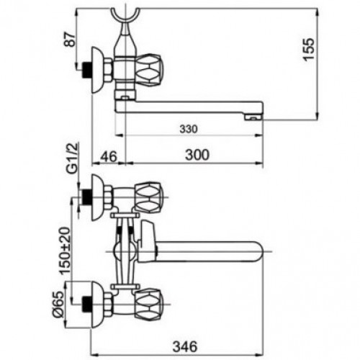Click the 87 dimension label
(x=71, y=39)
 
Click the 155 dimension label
(x=308, y=49)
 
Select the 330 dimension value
(x=189, y=130)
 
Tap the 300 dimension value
(x=197, y=155)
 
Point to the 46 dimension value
(x=109, y=156)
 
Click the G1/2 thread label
(x=72, y=158)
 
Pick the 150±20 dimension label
(x=66, y=251)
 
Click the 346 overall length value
(x=185, y=346)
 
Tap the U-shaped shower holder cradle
(x=125, y=19)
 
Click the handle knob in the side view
(x=149, y=69)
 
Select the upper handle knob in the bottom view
(x=148, y=197)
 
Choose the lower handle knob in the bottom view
(x=149, y=303)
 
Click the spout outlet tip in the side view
(x=253, y=117)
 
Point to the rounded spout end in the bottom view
(x=259, y=251)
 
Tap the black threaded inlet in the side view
(x=86, y=70)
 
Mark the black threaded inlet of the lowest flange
(x=86, y=305)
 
